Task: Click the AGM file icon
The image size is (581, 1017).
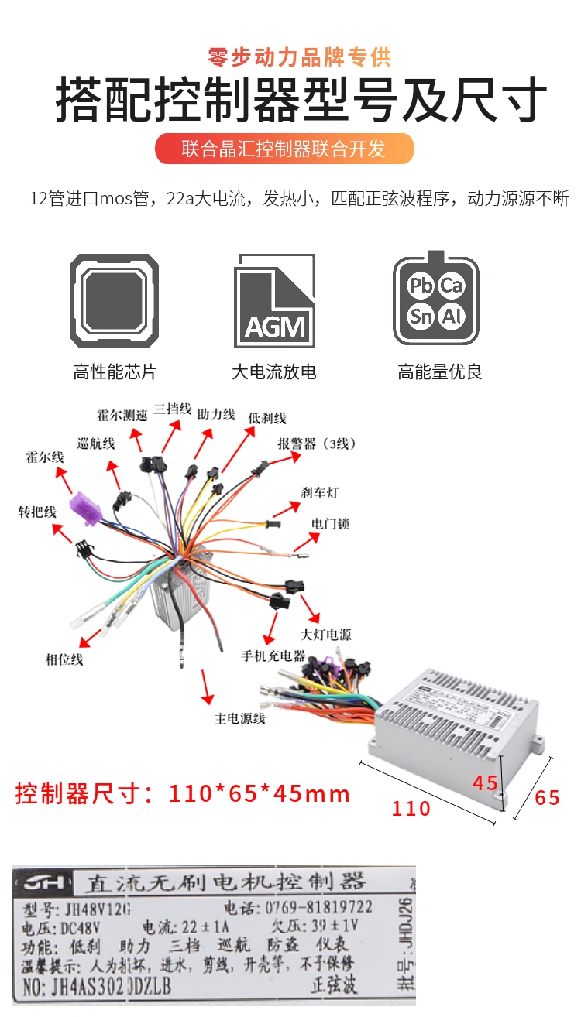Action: point(275,301)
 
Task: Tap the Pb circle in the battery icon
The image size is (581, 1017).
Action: point(421,286)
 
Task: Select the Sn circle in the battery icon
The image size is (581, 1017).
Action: point(421,316)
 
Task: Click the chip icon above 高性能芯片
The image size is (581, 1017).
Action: point(115,301)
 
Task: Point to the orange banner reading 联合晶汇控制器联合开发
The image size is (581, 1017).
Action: point(284,149)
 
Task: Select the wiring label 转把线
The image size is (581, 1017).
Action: point(37,512)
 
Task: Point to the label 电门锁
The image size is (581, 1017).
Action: point(331,524)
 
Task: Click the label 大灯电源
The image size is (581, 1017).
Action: point(326,635)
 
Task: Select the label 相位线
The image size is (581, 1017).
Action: point(64,659)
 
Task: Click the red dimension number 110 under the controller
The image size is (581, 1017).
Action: point(411,808)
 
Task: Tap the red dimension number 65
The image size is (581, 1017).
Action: point(547,797)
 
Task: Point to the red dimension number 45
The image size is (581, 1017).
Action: point(485,782)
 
